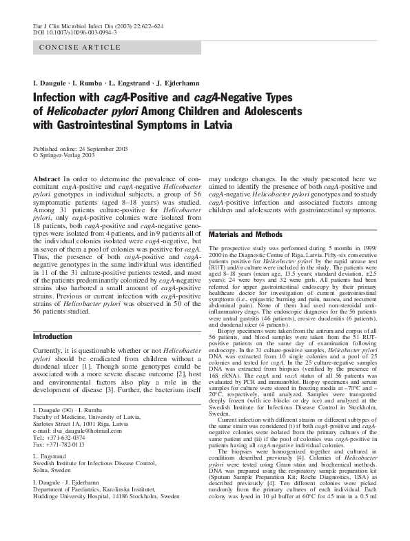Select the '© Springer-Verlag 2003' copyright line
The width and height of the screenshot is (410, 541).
point(64,156)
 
